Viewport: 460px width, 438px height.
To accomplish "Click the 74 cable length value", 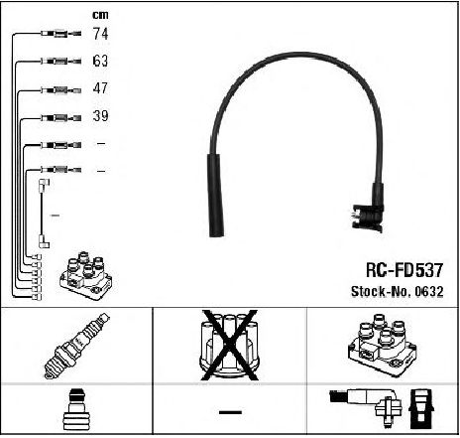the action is [x=100, y=34].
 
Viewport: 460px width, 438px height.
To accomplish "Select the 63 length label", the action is [x=100, y=61].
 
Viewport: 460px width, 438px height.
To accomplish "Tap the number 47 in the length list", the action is [x=100, y=88].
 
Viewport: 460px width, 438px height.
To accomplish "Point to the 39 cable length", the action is [x=100, y=115].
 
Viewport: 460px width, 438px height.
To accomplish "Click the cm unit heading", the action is [x=100, y=15].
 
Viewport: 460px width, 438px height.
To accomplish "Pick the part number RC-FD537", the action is [x=404, y=270].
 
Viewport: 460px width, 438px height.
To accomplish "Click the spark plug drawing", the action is [x=76, y=346].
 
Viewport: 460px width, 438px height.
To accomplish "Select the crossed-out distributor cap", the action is [x=230, y=345].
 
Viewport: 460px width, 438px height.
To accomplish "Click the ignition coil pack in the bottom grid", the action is [x=383, y=346].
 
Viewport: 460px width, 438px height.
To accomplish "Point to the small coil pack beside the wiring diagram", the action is [x=86, y=276].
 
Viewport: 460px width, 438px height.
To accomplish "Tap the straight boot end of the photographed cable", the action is [x=216, y=196].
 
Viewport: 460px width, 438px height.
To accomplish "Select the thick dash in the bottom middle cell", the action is [x=230, y=412].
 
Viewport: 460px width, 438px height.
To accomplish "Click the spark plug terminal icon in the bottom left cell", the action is [x=76, y=409].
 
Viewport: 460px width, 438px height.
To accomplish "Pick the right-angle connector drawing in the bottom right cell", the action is [x=365, y=405].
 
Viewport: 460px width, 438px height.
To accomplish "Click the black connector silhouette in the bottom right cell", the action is [x=421, y=409].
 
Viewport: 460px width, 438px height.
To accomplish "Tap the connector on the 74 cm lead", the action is [x=61, y=34].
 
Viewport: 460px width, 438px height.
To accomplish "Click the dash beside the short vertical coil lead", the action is [x=55, y=216].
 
